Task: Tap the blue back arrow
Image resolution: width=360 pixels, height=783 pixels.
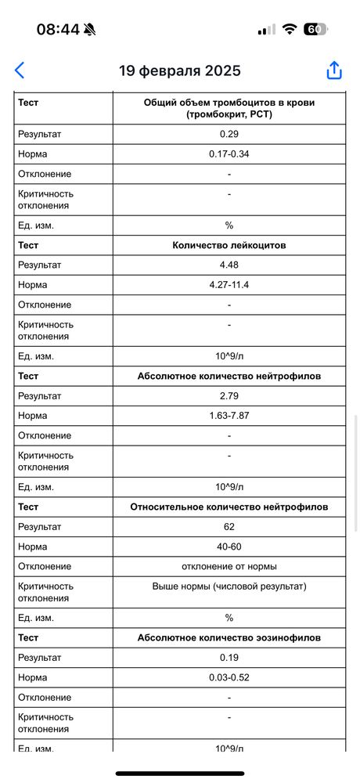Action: [x=20, y=70]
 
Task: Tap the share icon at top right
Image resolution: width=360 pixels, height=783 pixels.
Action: [x=334, y=70]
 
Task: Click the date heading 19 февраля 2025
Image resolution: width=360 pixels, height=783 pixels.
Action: [x=179, y=70]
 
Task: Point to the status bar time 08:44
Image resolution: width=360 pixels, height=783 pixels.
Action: [x=58, y=29]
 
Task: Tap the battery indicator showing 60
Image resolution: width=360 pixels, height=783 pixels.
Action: [x=315, y=29]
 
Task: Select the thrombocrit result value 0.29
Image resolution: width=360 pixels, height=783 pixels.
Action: [x=229, y=134]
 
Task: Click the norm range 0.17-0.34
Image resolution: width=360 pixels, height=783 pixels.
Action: [x=229, y=153]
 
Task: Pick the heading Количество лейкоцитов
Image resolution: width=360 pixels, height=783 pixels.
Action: [x=229, y=245]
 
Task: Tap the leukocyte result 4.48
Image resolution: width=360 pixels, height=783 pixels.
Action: [x=229, y=265]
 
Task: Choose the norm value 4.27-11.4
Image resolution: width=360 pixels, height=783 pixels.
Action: [x=229, y=285]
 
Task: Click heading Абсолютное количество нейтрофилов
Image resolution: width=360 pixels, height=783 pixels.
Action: [x=229, y=376]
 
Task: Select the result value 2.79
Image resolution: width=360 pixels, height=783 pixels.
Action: [x=229, y=395]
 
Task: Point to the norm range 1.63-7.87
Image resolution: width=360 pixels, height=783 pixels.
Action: [x=229, y=416]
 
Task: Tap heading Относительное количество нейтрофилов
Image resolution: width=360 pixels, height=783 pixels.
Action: [x=229, y=507]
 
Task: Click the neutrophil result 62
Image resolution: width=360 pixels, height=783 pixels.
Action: [x=229, y=526]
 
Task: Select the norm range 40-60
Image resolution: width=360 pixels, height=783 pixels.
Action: [x=229, y=547]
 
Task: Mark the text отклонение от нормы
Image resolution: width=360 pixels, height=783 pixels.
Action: [x=229, y=566]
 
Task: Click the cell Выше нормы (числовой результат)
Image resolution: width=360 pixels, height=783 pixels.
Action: [x=229, y=586]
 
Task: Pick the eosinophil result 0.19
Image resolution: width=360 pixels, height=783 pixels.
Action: [x=229, y=658]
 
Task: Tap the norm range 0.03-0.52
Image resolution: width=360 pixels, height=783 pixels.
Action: [x=229, y=677]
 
